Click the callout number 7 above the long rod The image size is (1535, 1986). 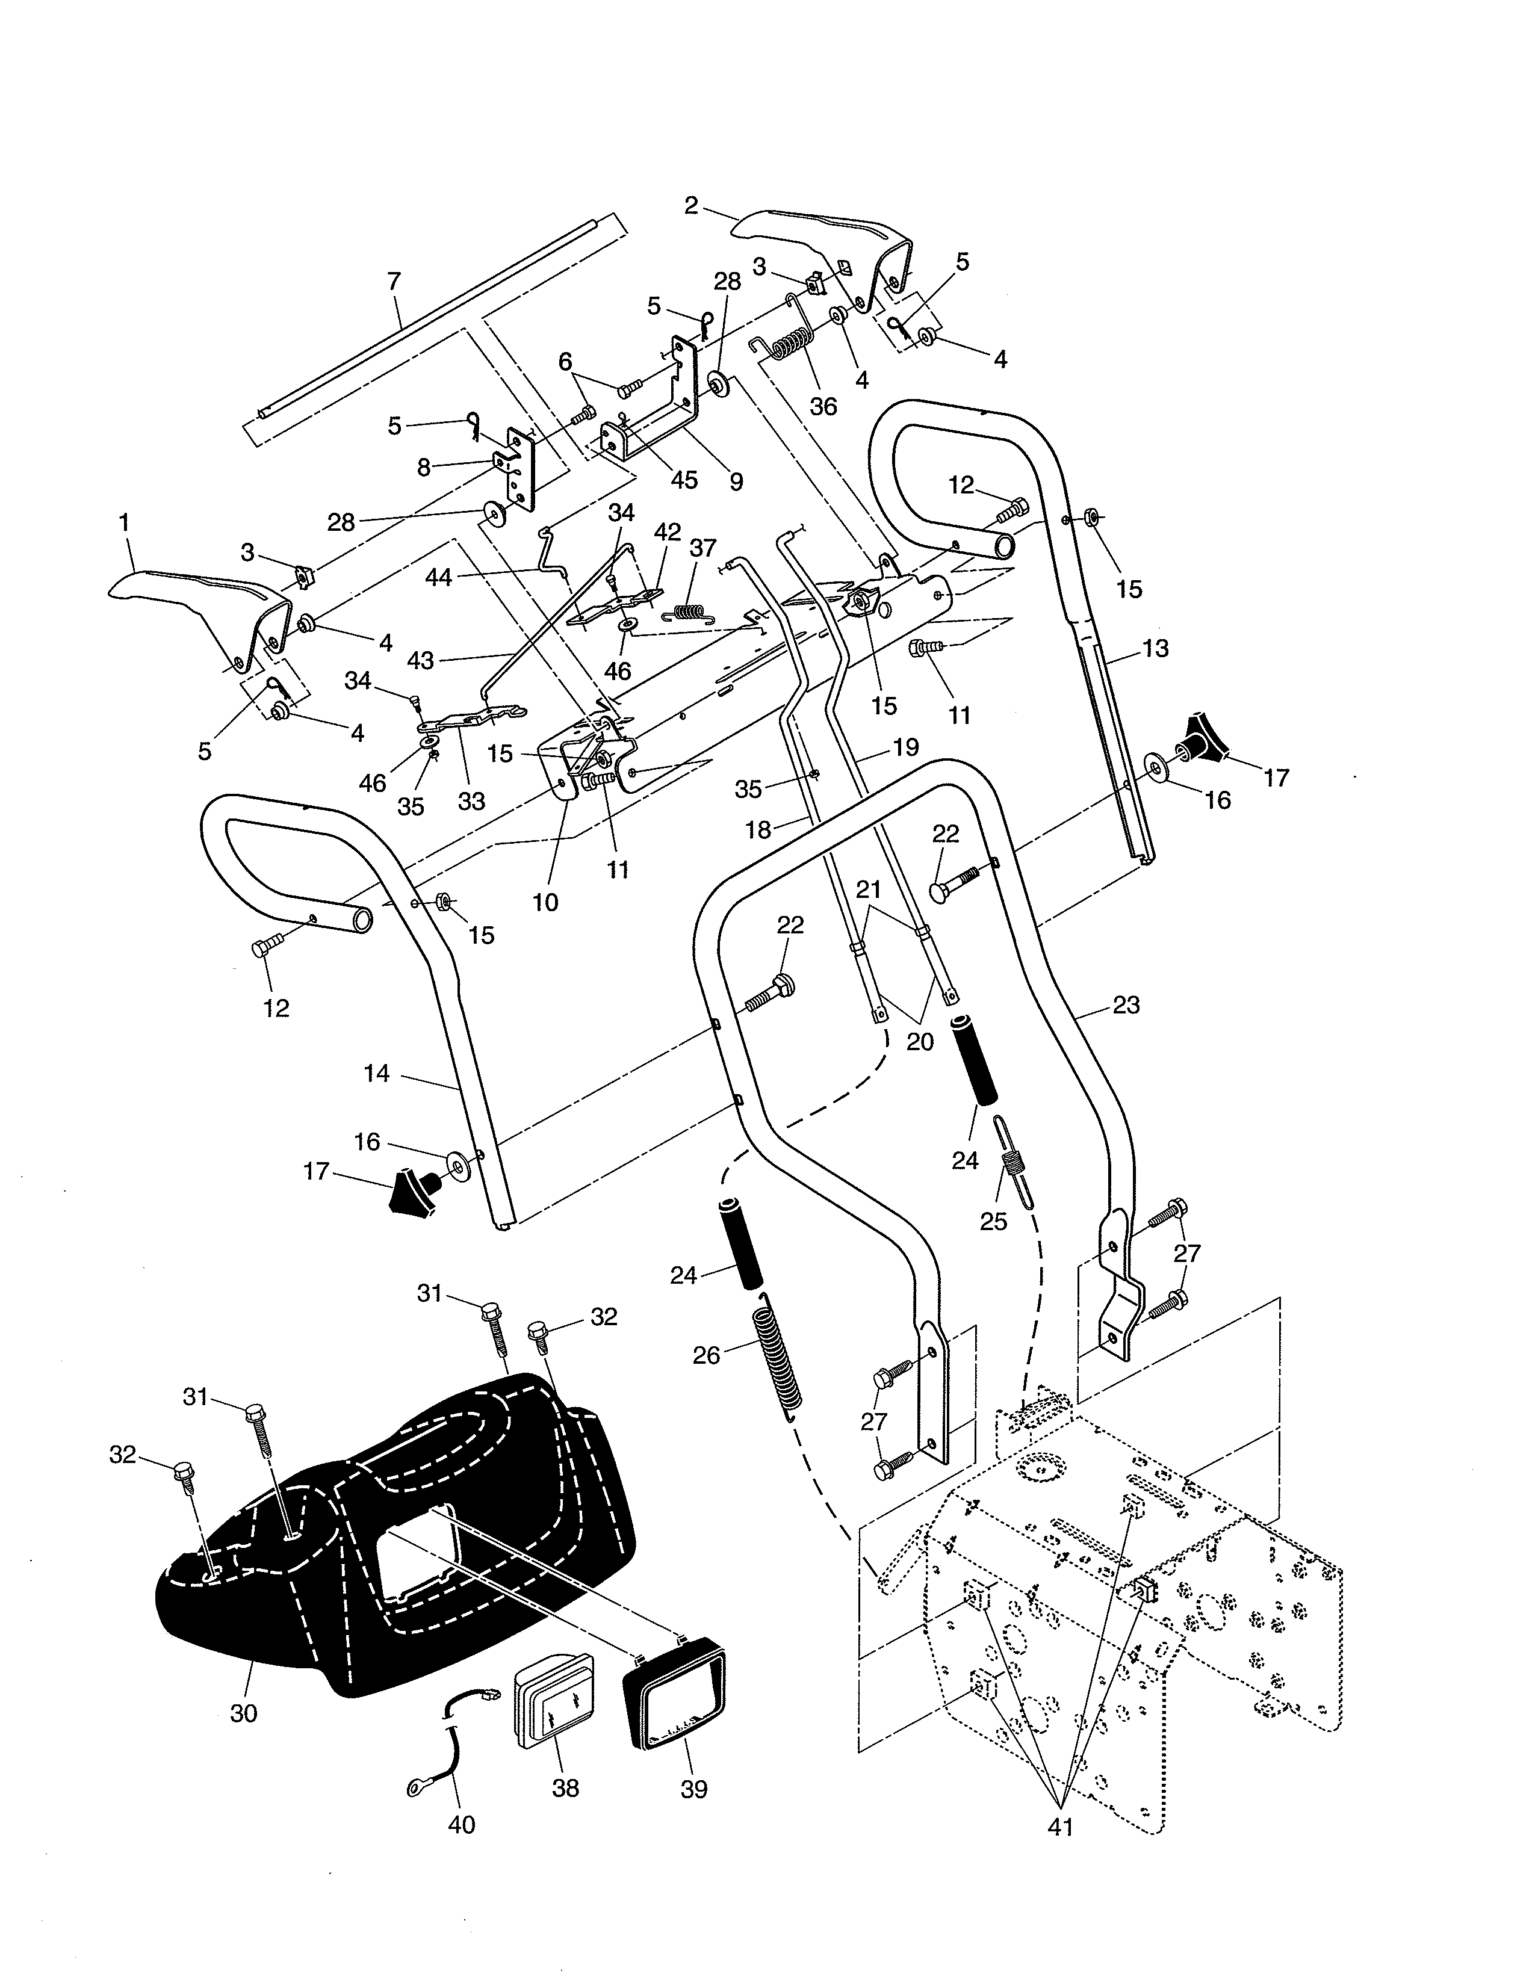point(394,281)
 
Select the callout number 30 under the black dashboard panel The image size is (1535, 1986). point(244,1713)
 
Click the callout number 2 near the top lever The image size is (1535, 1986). point(691,205)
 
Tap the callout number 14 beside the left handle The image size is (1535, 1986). point(376,1074)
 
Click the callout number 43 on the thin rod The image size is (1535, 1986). point(420,661)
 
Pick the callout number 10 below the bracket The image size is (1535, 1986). point(545,902)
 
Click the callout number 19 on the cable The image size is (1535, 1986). point(906,747)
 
